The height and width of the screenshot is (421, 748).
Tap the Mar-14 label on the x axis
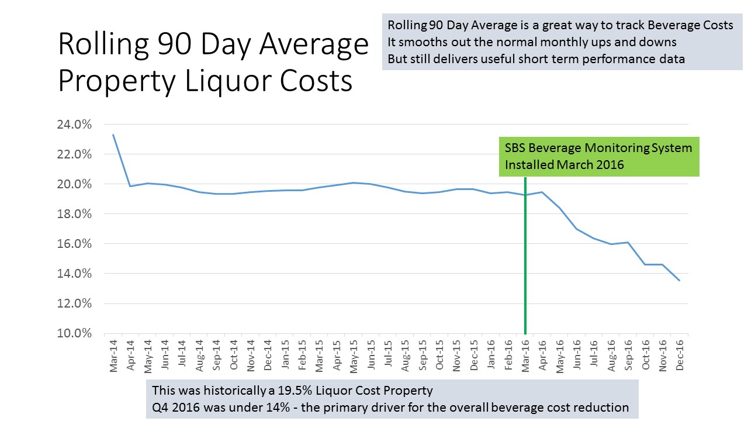(113, 356)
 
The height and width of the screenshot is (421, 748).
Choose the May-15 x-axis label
(354, 356)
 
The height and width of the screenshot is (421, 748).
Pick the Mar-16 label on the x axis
(525, 356)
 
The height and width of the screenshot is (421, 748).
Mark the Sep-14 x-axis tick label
(216, 356)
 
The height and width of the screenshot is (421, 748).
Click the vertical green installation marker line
(525, 263)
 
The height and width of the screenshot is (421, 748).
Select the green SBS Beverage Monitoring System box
(598, 156)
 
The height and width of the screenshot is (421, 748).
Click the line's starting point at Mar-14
(113, 135)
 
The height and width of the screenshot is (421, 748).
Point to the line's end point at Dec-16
(679, 281)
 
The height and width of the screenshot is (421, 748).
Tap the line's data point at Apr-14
(130, 186)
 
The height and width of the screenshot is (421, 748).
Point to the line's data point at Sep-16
(628, 242)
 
